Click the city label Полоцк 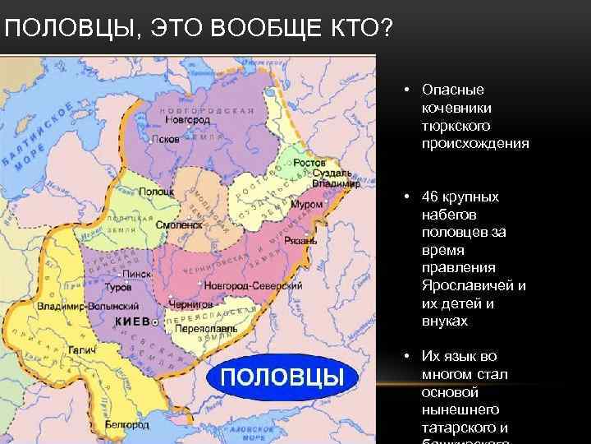[x=145, y=191]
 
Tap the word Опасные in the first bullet [x=452, y=90]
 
